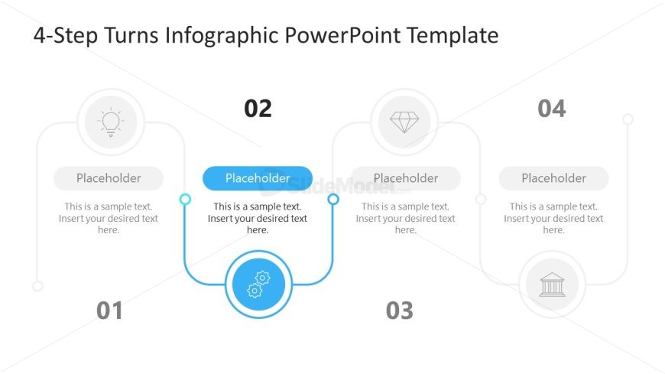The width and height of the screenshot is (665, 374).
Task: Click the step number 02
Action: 258,109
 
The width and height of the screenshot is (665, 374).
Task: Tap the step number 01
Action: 109,311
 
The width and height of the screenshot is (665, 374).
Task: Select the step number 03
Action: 400,311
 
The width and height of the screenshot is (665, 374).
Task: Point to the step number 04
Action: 552,109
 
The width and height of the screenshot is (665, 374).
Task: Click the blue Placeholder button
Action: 258,178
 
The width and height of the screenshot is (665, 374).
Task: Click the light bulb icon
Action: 111,122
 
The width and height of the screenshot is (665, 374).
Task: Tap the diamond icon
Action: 404,122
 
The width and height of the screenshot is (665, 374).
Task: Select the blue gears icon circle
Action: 258,285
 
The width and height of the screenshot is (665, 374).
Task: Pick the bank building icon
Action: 552,285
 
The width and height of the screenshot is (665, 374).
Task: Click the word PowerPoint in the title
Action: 342,35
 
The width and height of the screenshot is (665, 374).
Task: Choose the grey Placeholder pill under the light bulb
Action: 109,178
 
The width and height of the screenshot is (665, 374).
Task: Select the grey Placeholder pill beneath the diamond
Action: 406,178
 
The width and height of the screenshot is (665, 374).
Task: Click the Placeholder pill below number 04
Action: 554,178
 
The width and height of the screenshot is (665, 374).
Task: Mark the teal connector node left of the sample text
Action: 185,199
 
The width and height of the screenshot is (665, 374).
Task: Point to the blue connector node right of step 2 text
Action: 333,199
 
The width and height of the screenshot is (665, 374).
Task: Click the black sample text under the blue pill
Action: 258,218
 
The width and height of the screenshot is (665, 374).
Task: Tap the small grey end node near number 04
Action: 628,119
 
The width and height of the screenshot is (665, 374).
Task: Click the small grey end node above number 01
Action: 37,286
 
